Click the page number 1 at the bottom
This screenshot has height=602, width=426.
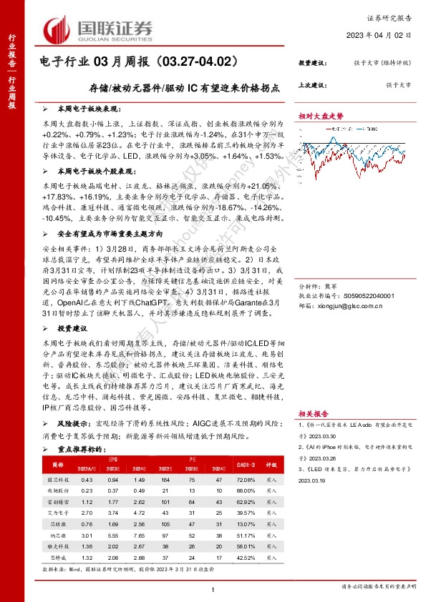coord(213,589)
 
